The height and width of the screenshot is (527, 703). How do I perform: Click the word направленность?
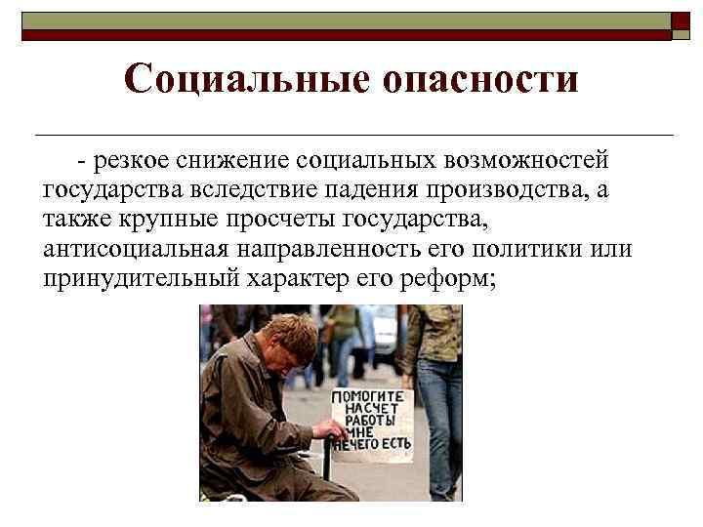(321, 248)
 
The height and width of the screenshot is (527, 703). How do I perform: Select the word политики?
(540, 248)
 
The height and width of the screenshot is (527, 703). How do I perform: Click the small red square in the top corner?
(682, 20)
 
